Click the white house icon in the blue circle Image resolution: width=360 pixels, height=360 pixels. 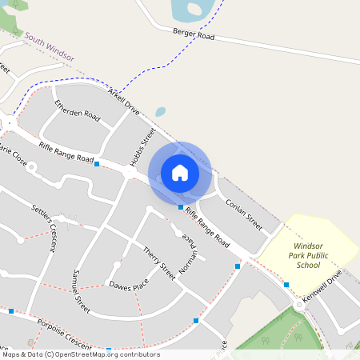(x=180, y=172)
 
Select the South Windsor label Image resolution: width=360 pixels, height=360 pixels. (x=49, y=47)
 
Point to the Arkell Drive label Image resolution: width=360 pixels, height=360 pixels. (x=123, y=102)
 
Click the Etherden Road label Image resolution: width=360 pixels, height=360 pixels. (x=77, y=113)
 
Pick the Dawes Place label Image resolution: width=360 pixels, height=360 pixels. (x=129, y=286)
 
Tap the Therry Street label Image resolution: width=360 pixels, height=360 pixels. (x=158, y=263)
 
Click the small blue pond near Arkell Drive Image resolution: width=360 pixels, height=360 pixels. (x=160, y=112)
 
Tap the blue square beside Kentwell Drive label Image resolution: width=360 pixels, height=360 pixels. (x=286, y=285)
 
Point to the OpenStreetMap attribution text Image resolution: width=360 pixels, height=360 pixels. (x=80, y=354)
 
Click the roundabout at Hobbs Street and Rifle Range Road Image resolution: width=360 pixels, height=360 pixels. (x=130, y=172)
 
